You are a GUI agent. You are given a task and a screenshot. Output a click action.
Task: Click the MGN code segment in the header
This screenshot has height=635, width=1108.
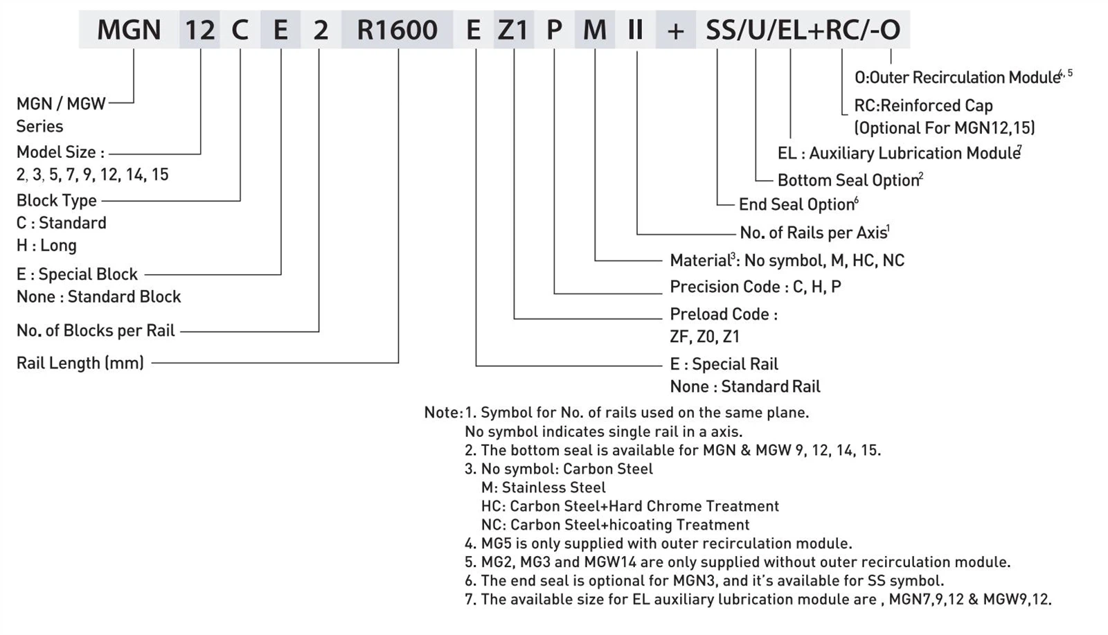click(x=129, y=30)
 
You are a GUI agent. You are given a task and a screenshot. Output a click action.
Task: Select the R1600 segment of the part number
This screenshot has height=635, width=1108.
click(x=397, y=30)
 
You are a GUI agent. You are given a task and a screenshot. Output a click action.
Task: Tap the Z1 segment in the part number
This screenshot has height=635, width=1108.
click(x=513, y=30)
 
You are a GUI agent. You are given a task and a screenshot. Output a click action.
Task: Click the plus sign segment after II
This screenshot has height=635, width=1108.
click(x=675, y=30)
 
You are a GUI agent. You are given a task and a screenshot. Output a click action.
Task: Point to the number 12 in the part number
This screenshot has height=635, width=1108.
click(x=200, y=30)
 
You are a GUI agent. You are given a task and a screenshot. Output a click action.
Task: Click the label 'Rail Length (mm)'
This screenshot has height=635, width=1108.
click(x=80, y=363)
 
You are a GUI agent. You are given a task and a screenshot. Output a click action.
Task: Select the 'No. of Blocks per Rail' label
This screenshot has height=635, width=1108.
click(x=96, y=330)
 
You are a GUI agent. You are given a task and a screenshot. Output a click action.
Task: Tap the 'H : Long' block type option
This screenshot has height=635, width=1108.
click(x=46, y=245)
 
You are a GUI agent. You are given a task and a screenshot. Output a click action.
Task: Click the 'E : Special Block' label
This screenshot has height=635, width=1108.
click(x=77, y=274)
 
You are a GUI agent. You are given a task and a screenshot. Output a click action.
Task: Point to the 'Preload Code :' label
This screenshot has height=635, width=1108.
click(x=723, y=314)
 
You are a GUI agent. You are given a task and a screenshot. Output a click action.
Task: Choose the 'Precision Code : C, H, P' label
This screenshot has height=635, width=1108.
click(x=755, y=287)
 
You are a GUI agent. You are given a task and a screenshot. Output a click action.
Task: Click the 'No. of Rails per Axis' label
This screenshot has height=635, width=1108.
click(x=814, y=233)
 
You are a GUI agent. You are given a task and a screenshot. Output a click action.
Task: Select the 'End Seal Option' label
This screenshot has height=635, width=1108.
click(x=796, y=204)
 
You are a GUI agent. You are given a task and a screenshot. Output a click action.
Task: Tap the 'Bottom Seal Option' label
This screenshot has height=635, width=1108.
click(x=848, y=180)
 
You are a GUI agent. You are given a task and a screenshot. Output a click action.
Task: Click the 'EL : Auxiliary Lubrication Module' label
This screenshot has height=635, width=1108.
click(x=898, y=153)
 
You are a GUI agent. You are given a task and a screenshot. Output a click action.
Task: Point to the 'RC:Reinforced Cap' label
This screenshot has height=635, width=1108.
click(x=923, y=105)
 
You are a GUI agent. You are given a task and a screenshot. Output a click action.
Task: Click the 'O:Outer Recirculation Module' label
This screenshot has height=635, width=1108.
click(x=958, y=78)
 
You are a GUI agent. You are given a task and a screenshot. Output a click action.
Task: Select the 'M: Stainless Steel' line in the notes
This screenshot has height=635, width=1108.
click(x=543, y=488)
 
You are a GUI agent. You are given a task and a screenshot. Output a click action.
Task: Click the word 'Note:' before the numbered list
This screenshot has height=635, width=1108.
click(x=443, y=413)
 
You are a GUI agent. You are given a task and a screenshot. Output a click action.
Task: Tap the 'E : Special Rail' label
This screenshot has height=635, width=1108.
click(x=724, y=364)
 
